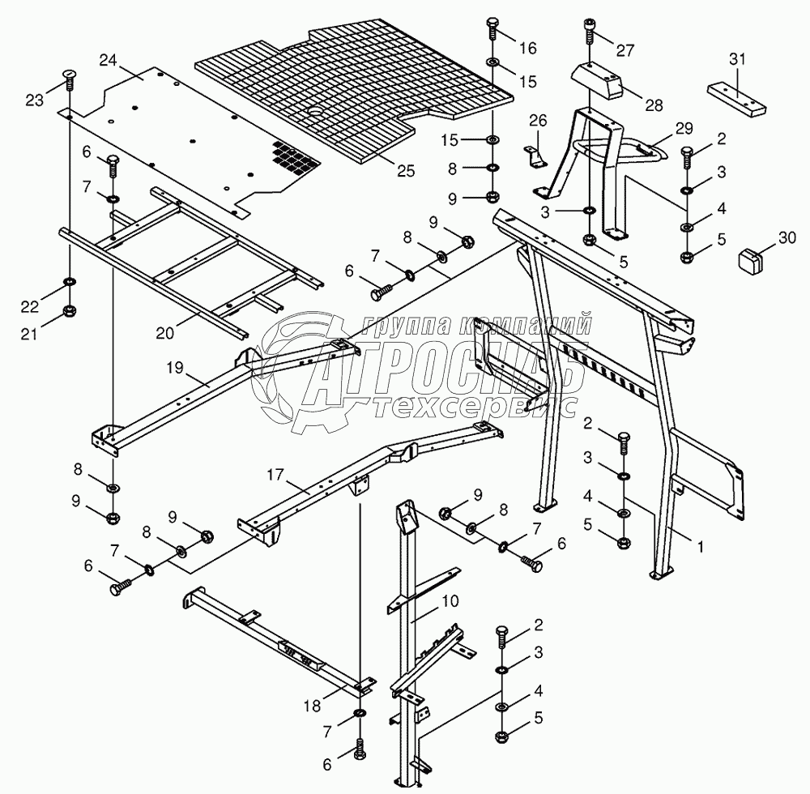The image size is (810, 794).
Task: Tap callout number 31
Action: (x=737, y=58)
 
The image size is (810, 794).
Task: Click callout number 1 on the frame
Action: (x=701, y=546)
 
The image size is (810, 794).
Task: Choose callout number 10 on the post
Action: (x=450, y=601)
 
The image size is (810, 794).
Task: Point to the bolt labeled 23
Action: (x=69, y=79)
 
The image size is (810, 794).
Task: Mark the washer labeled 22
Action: (x=70, y=282)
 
